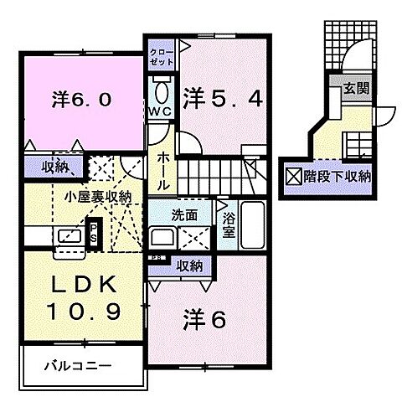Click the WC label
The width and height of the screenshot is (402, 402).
pos(162,111)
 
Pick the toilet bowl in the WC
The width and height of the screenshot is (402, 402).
pos(162,89)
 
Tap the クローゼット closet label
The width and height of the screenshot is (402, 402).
pos(162,56)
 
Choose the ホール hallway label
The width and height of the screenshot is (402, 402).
pos(162,169)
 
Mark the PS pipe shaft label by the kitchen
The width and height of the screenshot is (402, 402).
pos(94,230)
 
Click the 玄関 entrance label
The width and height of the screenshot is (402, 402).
pos(356,87)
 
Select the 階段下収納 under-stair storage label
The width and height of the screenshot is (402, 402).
pos(338,177)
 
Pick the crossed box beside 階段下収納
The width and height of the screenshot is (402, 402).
pos(294,177)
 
